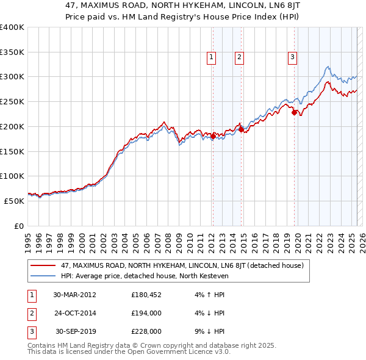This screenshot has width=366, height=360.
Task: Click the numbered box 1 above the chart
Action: tap(211, 57)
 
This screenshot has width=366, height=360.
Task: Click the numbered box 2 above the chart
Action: tap(239, 57)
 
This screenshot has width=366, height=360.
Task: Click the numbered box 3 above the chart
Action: tap(292, 57)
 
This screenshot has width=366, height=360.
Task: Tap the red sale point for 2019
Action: tap(294, 112)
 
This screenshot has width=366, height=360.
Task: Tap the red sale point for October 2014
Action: tap(241, 129)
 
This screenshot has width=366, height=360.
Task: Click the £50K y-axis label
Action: tap(13, 201)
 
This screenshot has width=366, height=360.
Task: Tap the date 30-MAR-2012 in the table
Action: tap(75, 295)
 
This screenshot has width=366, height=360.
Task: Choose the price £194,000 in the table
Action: tap(146, 313)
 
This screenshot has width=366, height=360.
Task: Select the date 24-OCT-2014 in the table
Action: tap(75, 313)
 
